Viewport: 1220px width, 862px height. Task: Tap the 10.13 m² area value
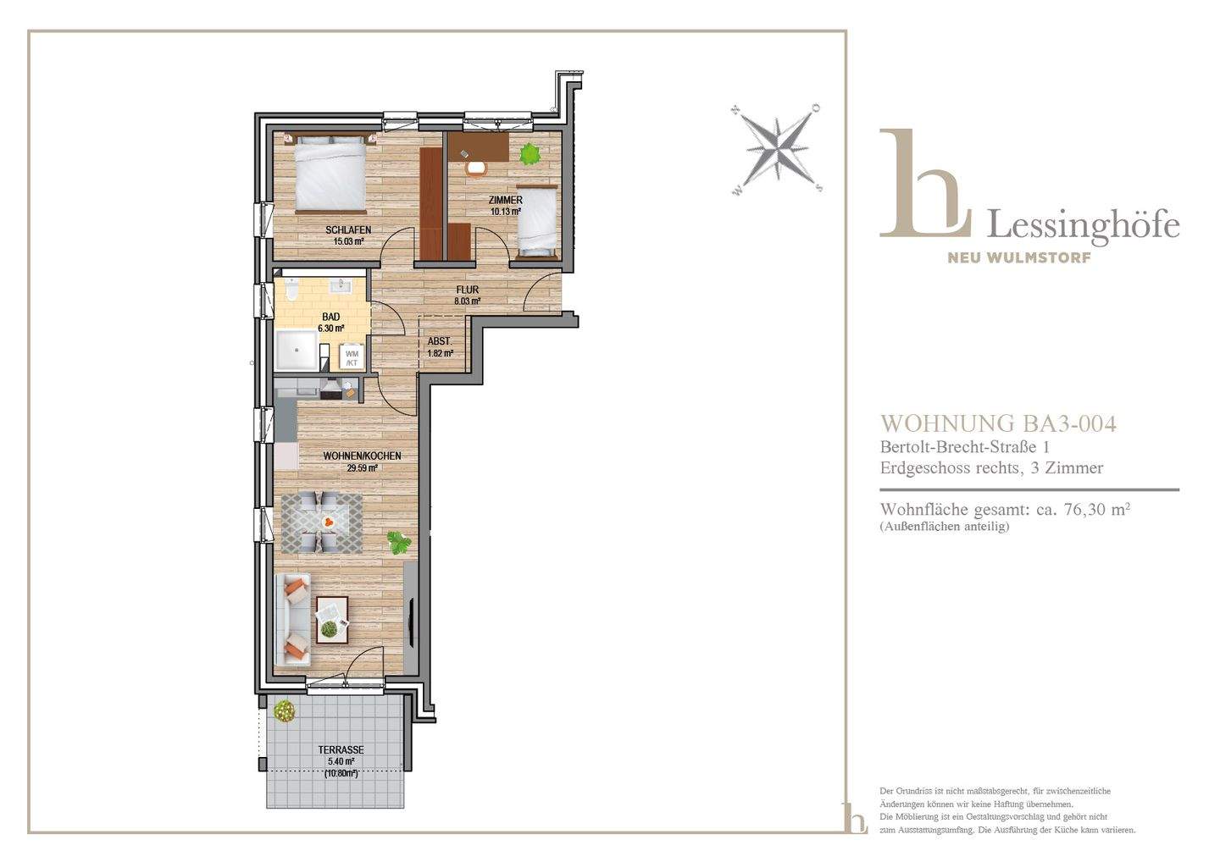coord(506,211)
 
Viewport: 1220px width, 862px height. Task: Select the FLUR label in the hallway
coord(468,290)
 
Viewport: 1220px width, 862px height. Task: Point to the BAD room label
coord(331,317)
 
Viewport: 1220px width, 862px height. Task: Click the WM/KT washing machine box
coord(352,357)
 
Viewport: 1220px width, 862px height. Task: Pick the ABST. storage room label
coord(440,341)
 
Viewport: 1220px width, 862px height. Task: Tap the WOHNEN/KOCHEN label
coord(363,456)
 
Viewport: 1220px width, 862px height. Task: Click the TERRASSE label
coord(341,750)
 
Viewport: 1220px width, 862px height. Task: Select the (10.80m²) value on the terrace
coord(341,773)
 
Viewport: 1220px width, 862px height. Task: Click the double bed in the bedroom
coord(330,174)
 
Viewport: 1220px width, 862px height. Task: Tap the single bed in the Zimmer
coord(537,220)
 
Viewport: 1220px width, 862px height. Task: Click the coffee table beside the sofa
coord(332,620)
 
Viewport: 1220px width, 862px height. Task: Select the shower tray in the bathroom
coord(297,351)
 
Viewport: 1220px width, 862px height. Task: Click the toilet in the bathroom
coord(292,290)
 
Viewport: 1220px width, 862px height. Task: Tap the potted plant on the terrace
coord(284,710)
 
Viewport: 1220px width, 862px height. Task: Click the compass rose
coord(775,149)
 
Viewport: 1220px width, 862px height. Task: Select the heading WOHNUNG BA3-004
coord(998,424)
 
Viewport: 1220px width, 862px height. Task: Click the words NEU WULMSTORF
coord(1019,257)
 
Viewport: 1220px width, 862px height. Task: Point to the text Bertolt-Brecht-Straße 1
coord(964,447)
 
